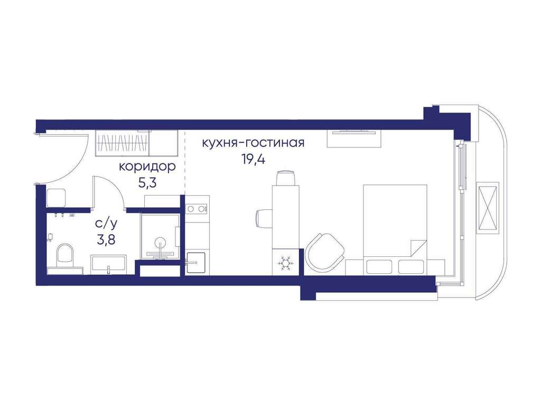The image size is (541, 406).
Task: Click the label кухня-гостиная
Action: (x=253, y=143)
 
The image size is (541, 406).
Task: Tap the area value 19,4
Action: (x=253, y=159)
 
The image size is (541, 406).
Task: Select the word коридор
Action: (x=147, y=167)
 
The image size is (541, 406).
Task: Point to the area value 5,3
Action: (x=147, y=182)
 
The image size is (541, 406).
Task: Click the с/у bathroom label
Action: (x=106, y=224)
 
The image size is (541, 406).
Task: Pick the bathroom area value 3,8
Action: (x=106, y=239)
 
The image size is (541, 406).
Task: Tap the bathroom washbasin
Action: (x=109, y=265)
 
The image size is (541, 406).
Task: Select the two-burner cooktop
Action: (x=197, y=208)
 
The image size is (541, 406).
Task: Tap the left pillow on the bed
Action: (x=379, y=266)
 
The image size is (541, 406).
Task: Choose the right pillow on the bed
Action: (x=411, y=266)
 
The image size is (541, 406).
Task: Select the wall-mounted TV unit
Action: (x=355, y=139)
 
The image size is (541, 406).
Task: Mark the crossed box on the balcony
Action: (x=488, y=208)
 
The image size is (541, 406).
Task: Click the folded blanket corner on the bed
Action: (x=417, y=248)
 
